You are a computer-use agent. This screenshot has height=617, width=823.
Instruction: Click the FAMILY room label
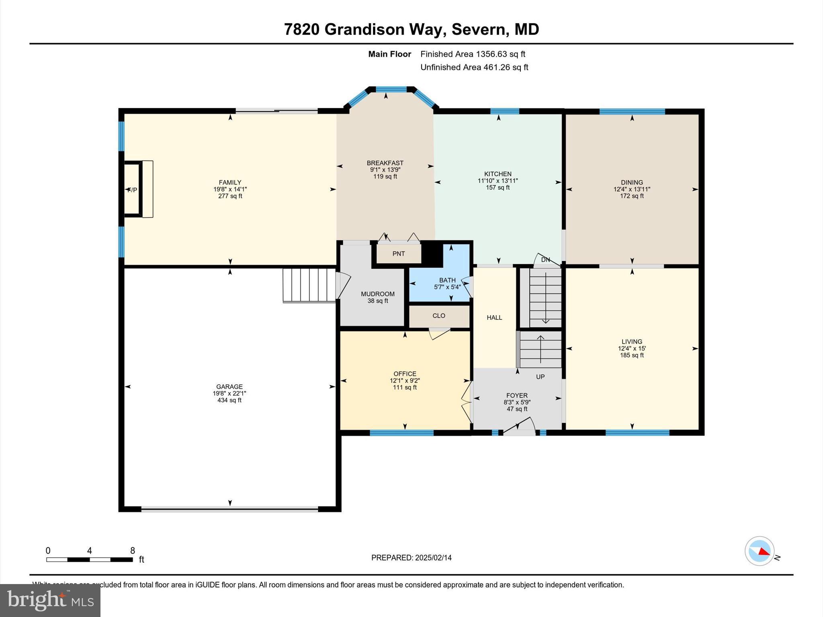click(230, 182)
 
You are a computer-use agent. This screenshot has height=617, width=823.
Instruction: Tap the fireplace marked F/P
click(133, 190)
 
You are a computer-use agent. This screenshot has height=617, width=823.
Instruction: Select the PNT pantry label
click(399, 253)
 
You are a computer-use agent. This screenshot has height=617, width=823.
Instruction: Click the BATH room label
click(447, 280)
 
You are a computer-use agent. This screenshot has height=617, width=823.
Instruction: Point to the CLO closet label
click(439, 316)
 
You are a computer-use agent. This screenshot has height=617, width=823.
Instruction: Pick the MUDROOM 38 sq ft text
click(378, 301)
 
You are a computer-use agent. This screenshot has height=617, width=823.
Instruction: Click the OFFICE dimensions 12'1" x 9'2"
click(405, 380)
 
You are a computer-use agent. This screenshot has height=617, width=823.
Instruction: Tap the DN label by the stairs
click(545, 260)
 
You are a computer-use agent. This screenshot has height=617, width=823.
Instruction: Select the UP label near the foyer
click(540, 377)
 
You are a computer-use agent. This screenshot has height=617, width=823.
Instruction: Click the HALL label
click(494, 317)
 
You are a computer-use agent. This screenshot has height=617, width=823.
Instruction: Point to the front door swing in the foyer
click(522, 426)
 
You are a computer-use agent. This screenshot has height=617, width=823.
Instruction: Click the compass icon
click(759, 551)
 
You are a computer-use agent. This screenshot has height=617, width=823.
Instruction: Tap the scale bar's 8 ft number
click(133, 551)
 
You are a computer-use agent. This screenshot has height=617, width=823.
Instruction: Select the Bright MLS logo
click(50, 600)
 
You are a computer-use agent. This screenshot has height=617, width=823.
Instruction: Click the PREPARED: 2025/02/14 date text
click(411, 558)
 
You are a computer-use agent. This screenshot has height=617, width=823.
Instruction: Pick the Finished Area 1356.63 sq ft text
click(473, 54)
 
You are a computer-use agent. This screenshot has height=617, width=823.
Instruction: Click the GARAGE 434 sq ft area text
click(229, 400)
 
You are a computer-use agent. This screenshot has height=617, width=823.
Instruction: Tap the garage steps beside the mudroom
click(309, 285)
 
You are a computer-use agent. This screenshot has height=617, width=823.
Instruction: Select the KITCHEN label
click(497, 174)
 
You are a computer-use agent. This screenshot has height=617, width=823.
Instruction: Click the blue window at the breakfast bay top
click(391, 89)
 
